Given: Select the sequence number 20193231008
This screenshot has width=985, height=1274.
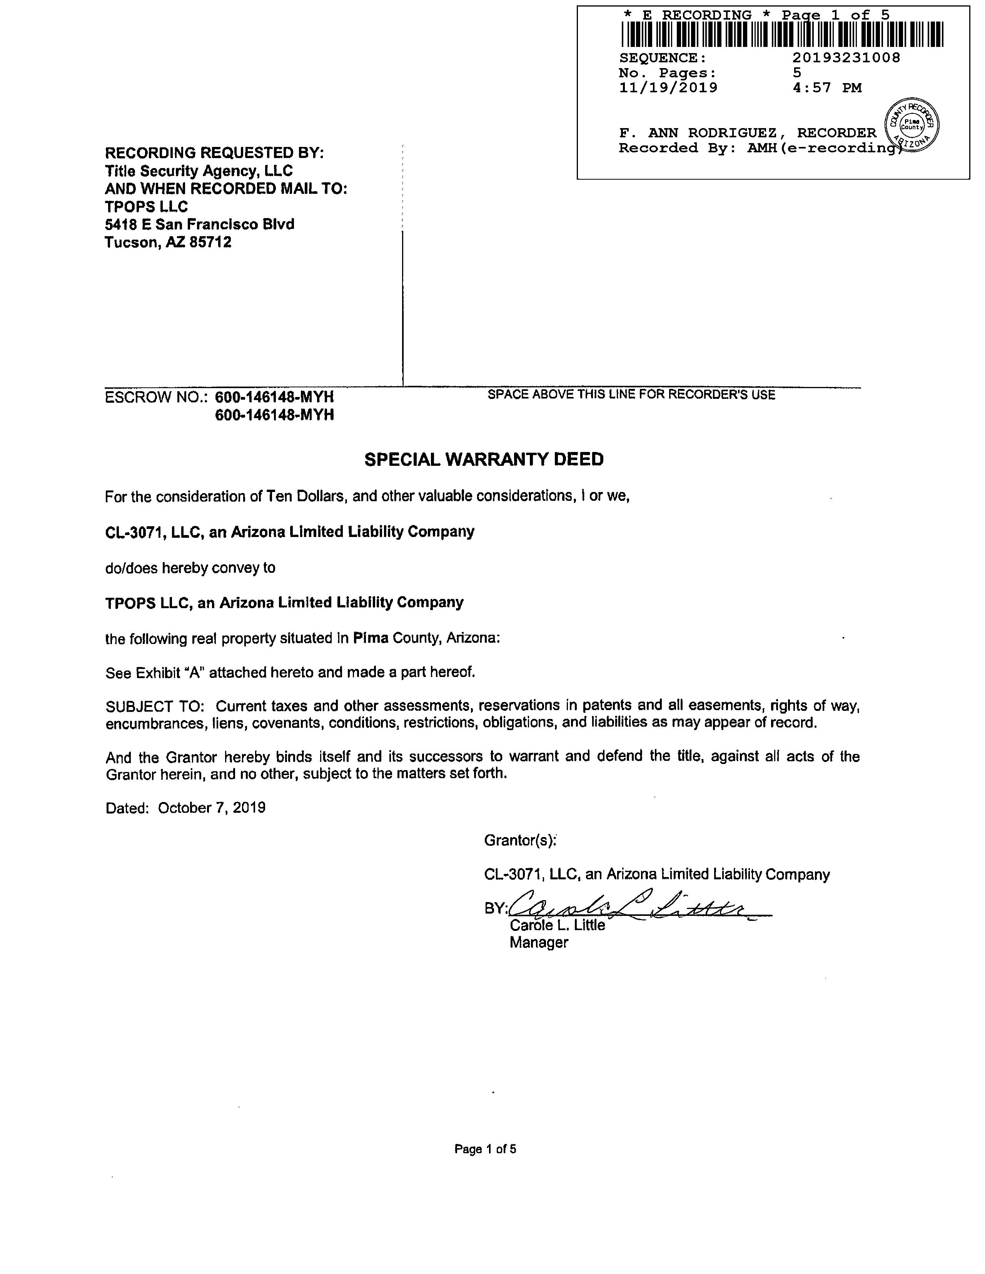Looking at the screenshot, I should pos(846,58).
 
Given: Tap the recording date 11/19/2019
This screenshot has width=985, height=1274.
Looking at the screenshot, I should pos(668,88).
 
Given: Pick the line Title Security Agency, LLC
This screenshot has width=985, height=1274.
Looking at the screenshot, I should pos(199,171).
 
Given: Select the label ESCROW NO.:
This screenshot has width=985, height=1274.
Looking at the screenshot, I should pos(156,397).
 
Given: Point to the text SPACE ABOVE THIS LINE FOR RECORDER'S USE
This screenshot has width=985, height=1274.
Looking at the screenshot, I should pos(631,395).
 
